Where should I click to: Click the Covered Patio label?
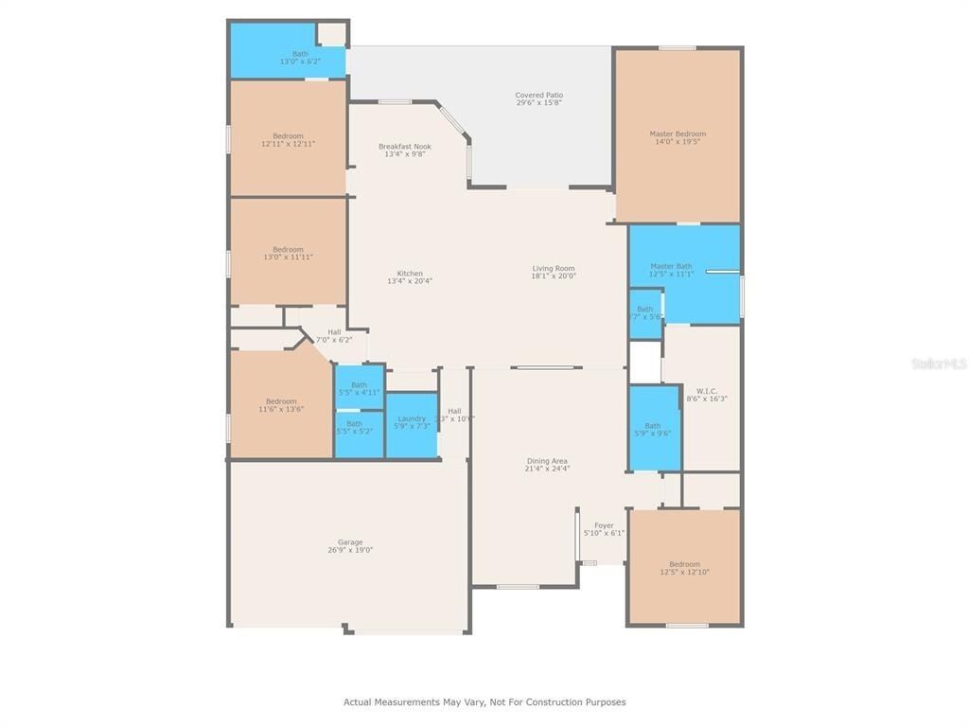click(538, 95)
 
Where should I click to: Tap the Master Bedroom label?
click(678, 133)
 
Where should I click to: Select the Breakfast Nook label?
click(405, 147)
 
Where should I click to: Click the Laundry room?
click(412, 422)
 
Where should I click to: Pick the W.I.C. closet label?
click(707, 391)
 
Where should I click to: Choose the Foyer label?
click(604, 525)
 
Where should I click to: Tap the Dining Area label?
click(547, 461)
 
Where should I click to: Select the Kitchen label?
click(410, 274)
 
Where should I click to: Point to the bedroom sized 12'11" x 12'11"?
click(289, 140)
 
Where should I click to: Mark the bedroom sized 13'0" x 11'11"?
click(289, 253)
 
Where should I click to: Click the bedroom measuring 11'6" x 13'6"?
click(281, 405)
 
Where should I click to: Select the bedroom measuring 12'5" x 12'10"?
click(684, 568)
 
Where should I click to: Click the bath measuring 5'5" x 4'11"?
click(360, 388)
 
